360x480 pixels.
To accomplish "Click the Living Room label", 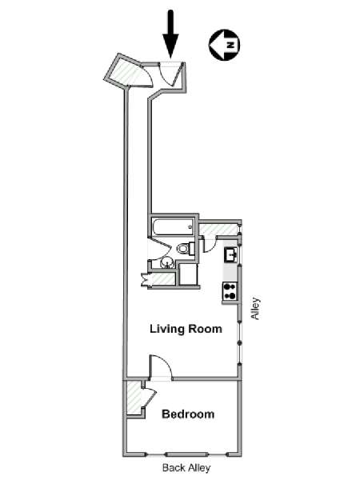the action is pos(186,329).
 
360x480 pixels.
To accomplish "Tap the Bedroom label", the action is pos(188,414).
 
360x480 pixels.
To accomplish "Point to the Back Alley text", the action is pos(186,468).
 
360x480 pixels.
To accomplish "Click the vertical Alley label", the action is pos(255,308).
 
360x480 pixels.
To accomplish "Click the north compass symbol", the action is pos(224,45).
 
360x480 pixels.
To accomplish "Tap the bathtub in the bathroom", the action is pos(174,227).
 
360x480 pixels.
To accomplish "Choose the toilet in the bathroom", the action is pos(186,248).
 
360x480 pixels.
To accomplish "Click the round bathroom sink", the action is pos(167,262).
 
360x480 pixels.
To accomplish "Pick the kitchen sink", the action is pos(231,254).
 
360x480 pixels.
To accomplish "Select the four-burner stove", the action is pos(230,291).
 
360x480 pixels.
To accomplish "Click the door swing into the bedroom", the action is pos(161,368).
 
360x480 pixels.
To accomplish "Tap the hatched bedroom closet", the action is pos(134,398).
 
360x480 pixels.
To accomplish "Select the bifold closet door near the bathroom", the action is pos(145,279).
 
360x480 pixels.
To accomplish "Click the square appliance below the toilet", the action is pos(188,274).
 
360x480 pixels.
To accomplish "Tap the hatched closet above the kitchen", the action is pos(218,229).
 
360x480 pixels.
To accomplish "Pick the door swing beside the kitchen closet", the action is pos(210,244).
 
